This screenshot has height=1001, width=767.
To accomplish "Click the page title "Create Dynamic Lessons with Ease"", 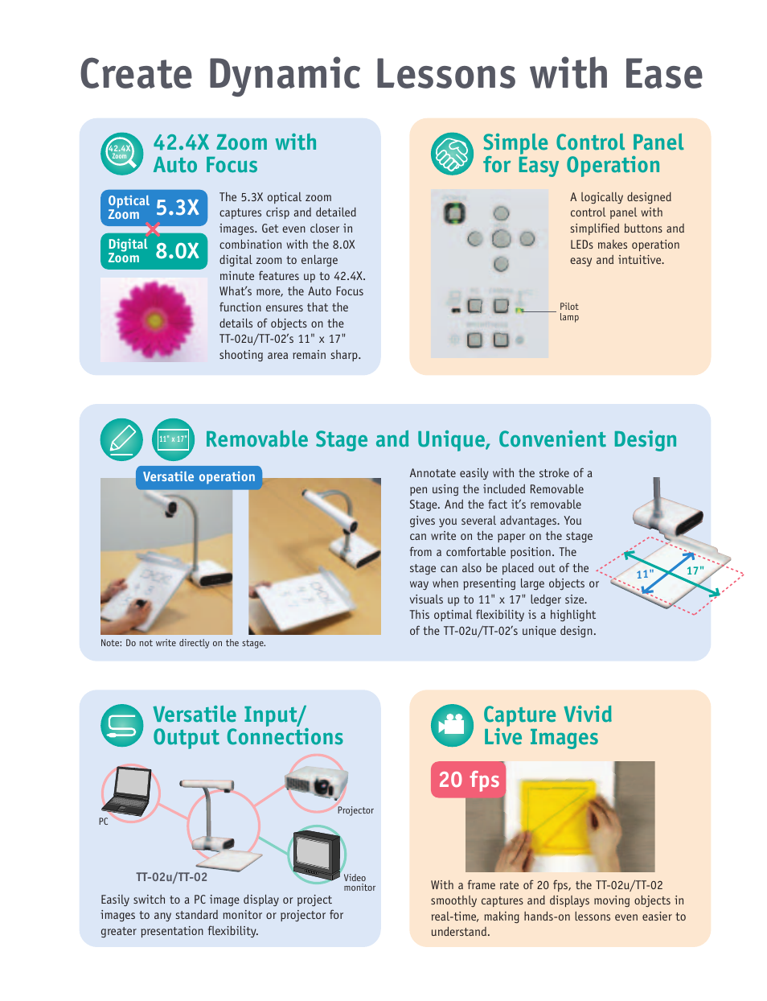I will click(391, 74).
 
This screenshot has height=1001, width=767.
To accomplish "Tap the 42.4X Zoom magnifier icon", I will click(121, 153).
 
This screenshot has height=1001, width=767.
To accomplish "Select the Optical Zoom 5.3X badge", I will click(154, 208).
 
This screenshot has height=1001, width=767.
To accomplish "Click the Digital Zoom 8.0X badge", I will click(154, 251).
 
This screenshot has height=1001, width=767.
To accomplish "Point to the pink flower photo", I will click(154, 319).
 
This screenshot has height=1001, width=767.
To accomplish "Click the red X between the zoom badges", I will click(153, 229).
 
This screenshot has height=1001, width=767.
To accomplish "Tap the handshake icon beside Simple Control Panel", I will click(452, 153).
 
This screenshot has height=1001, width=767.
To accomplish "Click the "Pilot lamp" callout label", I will click(568, 312).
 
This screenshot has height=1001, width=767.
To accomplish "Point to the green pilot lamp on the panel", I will click(519, 310).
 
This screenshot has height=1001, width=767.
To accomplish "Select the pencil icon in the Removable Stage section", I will click(121, 439).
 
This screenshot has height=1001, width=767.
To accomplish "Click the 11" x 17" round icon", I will click(173, 439).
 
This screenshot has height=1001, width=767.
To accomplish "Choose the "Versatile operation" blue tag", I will click(199, 477).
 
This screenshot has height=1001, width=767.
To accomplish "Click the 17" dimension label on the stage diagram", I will click(695, 571).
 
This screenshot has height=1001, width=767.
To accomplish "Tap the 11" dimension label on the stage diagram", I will click(645, 575).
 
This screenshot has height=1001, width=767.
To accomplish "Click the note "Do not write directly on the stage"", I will click(183, 643).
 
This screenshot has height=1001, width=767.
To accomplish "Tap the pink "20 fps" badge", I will click(469, 780).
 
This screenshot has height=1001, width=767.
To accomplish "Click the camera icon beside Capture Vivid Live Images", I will click(452, 725).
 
